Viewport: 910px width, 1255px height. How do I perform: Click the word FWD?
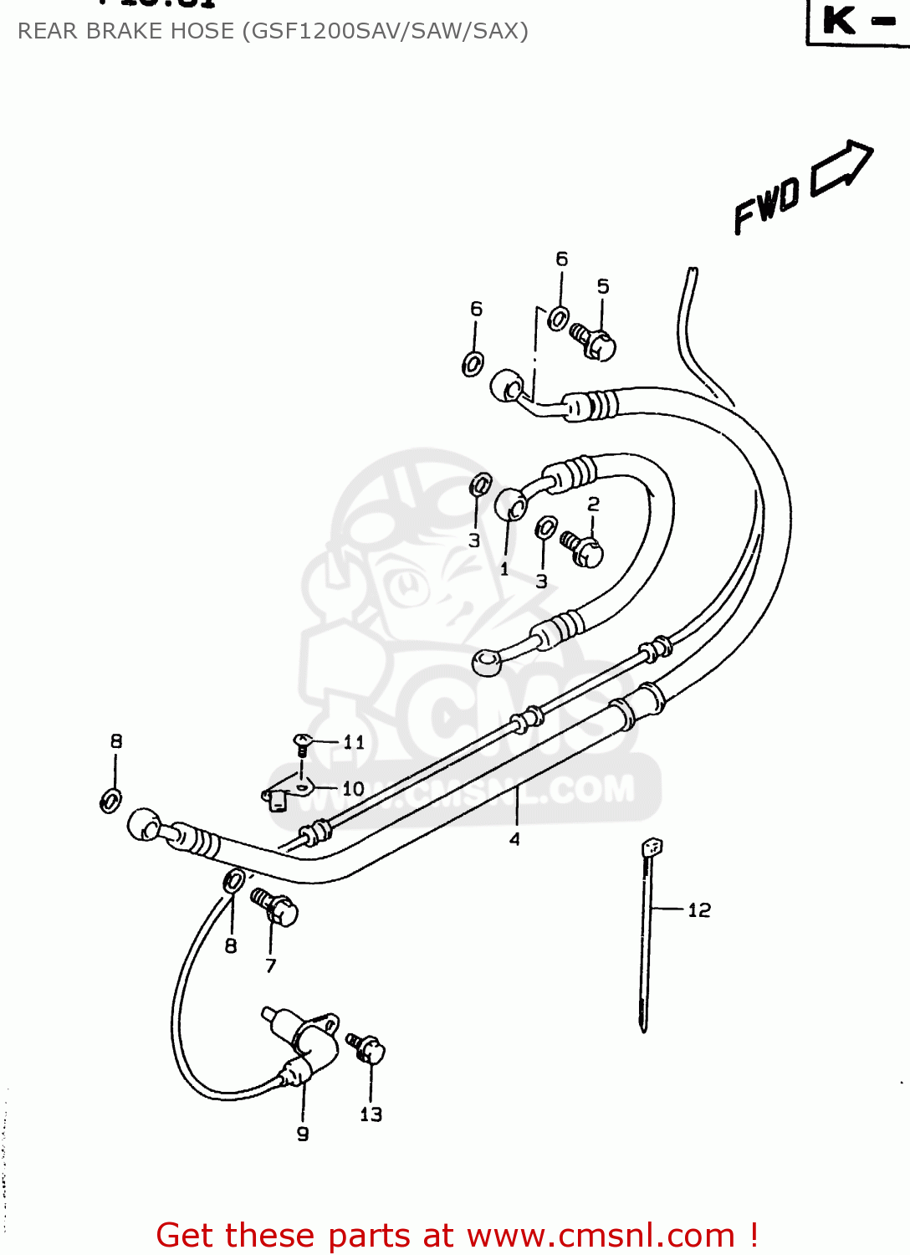[x=766, y=207]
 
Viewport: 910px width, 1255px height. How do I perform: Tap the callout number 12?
[x=699, y=910]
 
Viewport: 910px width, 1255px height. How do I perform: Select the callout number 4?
[x=514, y=839]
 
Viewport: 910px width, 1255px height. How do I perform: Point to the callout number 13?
[x=371, y=1114]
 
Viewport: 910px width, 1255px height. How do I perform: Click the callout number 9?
[x=303, y=1134]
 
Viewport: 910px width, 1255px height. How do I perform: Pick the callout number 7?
[x=271, y=966]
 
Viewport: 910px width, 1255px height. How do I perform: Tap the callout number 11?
[x=354, y=742]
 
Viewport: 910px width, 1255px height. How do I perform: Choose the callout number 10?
[x=353, y=788]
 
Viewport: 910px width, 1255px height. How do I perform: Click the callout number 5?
[x=603, y=286]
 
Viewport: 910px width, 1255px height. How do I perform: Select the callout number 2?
[x=593, y=504]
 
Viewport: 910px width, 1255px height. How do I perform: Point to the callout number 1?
[x=504, y=569]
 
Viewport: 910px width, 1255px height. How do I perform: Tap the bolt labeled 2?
[x=582, y=548]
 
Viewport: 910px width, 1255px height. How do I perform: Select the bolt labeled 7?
[x=275, y=907]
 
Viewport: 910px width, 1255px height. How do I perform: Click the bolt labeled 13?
[x=368, y=1048]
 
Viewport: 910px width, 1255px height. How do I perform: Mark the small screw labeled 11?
[x=302, y=743]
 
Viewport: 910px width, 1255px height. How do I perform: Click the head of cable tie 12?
[x=652, y=848]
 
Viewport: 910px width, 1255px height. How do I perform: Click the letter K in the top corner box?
[x=840, y=20]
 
